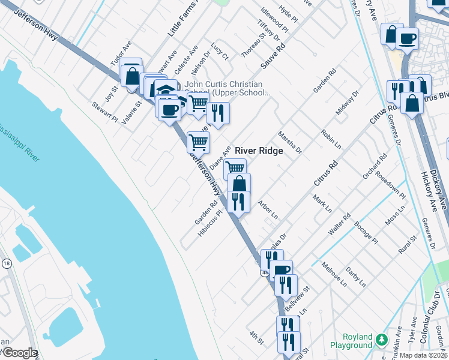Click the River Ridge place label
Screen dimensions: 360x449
click(x=258, y=151)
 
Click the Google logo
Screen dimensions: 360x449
click(x=19, y=353)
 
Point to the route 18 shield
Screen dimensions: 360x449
click(x=7, y=263)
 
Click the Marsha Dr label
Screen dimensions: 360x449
click(x=289, y=143)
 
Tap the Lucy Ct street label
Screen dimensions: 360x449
click(x=220, y=51)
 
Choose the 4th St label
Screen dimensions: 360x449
click(x=256, y=337)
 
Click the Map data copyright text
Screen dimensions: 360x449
click(x=424, y=355)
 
